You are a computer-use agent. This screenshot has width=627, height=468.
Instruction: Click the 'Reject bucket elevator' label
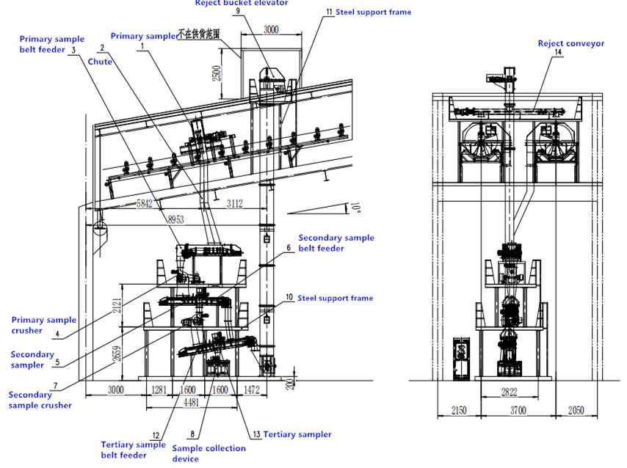pos(241,3)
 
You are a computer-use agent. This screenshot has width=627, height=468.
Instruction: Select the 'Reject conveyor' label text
pos(570,43)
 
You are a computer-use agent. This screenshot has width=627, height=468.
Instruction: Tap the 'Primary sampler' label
pos(144,36)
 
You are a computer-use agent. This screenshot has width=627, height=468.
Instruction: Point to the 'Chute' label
pos(100,62)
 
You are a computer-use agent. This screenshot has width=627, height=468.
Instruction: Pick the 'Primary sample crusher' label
pos(43,325)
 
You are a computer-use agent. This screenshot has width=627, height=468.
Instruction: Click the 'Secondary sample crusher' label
pos(40,400)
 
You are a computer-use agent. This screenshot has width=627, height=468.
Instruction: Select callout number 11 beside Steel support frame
pos(327,12)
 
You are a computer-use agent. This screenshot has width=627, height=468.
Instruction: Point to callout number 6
pos(289,248)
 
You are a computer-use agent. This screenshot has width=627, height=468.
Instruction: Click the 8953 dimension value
pos(176,219)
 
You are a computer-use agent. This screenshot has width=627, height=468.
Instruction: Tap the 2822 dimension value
pos(509,392)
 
